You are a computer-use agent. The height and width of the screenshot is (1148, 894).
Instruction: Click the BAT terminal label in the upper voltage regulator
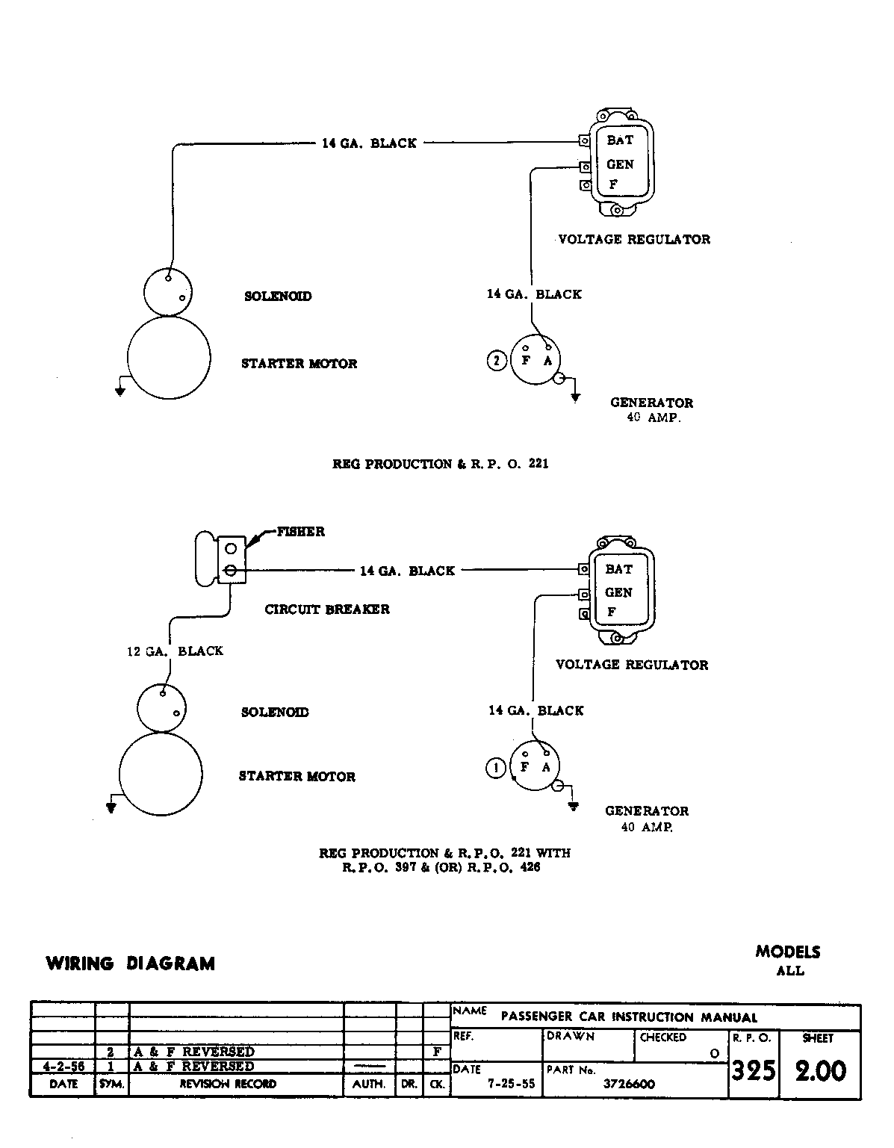point(619,140)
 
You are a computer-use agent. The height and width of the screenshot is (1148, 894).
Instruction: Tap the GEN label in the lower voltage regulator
point(618,592)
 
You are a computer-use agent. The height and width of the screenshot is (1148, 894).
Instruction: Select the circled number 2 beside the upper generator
point(497,361)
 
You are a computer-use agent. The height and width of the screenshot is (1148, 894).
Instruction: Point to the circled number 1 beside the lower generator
point(495,768)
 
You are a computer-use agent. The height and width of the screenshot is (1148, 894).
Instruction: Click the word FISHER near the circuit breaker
point(300,532)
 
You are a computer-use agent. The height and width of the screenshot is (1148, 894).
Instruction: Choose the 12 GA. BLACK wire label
point(175,651)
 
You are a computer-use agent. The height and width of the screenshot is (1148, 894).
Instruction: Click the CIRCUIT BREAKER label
point(327,609)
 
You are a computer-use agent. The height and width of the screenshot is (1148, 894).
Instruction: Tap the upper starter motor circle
point(169,357)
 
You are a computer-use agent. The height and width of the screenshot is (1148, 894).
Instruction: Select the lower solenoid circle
point(161,706)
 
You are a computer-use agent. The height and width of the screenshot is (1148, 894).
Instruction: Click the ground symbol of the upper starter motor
point(119,391)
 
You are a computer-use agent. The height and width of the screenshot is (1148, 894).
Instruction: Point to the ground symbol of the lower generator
point(573,806)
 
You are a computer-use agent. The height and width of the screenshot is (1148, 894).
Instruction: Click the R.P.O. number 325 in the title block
point(753,1071)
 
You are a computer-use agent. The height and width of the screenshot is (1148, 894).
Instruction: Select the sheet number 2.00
point(820,1071)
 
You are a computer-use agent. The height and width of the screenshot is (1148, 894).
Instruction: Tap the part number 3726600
point(628,1085)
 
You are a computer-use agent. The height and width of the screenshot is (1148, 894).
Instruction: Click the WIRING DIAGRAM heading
point(130,964)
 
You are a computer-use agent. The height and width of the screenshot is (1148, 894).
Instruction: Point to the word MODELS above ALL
point(787,952)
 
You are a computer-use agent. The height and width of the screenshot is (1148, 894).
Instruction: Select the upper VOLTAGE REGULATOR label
point(634,240)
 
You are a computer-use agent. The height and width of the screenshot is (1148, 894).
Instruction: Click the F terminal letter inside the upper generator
point(525,361)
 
